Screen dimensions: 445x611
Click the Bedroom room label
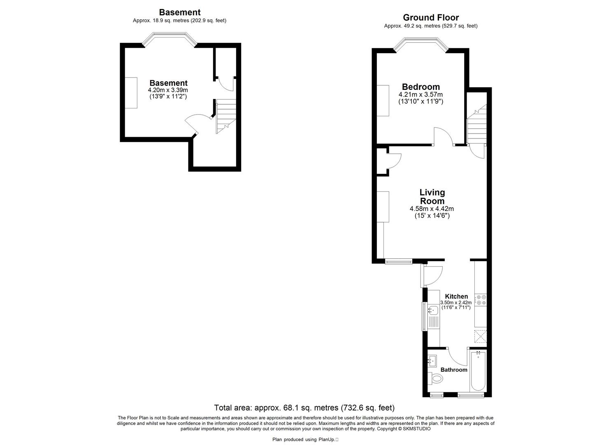point(420,87)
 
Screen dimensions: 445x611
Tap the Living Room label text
point(432,197)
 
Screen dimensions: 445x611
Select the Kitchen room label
point(456,296)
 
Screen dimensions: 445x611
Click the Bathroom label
point(454,370)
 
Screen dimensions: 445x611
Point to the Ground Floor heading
point(431,17)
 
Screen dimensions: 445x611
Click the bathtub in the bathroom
point(478,371)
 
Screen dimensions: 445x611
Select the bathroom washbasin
point(433,361)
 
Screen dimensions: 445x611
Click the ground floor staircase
point(476,124)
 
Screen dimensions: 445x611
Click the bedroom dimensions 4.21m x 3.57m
point(420,94)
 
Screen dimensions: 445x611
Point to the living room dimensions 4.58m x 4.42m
point(432,209)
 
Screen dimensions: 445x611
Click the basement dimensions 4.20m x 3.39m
point(168,90)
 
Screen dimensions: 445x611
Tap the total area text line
point(304,408)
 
